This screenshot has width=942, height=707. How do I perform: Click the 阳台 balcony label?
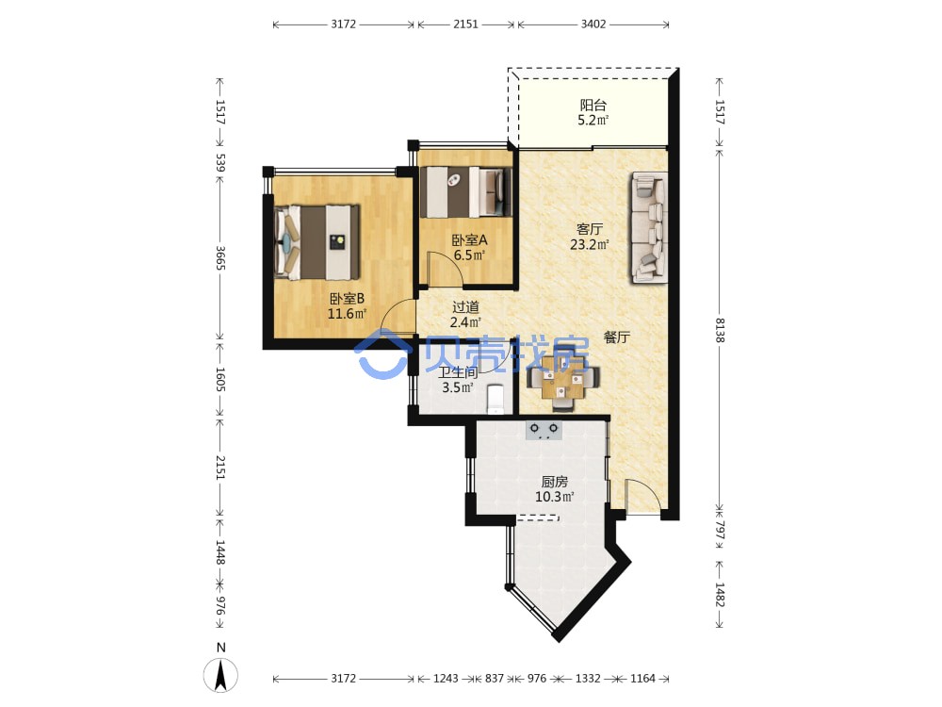click(593, 106)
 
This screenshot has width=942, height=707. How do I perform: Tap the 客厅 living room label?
click(590, 229)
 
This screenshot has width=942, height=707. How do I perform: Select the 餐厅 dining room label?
click(617, 337)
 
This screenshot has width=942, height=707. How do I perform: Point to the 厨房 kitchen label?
click(555, 482)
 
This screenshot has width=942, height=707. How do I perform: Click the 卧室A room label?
click(469, 239)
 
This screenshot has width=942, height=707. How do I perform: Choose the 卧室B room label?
click(347, 299)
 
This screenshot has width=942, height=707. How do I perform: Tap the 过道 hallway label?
click(465, 307)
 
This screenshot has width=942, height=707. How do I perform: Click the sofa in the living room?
click(649, 227)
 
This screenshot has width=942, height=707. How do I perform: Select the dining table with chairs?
click(562, 383)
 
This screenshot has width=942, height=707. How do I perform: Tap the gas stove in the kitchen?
click(544, 431)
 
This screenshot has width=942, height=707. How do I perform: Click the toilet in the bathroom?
click(495, 399)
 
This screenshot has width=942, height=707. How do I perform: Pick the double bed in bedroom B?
click(317, 242)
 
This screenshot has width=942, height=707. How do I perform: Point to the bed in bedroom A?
click(466, 191)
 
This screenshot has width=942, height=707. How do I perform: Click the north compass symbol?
click(221, 675)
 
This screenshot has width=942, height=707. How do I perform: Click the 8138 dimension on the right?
click(720, 330)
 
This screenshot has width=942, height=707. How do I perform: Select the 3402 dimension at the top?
click(593, 25)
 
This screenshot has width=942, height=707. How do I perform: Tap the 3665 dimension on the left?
click(220, 257)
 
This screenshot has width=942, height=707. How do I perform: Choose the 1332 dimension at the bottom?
click(588, 678)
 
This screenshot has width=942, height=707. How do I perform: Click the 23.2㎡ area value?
click(590, 244)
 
